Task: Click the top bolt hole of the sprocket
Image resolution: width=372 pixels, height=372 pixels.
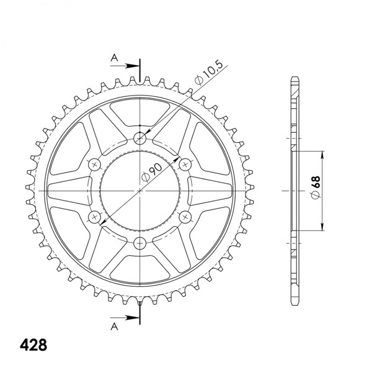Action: point(141,137)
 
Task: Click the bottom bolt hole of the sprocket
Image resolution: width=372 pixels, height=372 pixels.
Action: point(141,242)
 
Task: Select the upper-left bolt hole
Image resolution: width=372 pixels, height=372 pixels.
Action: point(95,164)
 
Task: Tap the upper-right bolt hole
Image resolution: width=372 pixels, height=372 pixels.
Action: point(186,164)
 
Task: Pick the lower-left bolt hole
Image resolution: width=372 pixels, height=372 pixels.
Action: point(95,216)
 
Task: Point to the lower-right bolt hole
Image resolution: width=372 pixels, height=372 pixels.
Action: point(186,216)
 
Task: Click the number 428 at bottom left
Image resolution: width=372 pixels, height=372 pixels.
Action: point(33,344)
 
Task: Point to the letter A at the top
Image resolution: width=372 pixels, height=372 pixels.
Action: point(113,58)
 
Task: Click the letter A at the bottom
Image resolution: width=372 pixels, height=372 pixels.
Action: point(113,324)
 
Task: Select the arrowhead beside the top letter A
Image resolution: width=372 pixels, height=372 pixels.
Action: point(135,65)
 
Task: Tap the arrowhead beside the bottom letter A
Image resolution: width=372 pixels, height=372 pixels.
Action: point(135,317)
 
